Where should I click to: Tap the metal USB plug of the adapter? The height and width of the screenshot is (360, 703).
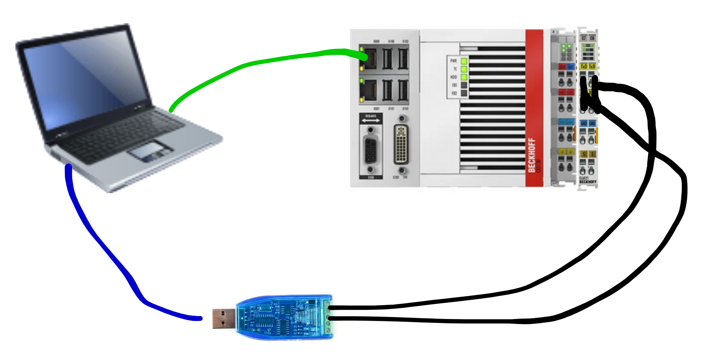click(224, 319)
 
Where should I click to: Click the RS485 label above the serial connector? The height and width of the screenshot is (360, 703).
click(370, 116)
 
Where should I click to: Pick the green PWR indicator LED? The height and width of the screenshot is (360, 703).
click(464, 61)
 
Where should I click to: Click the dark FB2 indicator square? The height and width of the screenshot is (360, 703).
click(464, 93)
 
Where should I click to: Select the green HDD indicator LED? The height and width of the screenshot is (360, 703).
click(464, 77)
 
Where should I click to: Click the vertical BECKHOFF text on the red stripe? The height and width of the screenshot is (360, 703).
click(532, 155)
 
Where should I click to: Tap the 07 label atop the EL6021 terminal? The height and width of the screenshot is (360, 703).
click(584, 38)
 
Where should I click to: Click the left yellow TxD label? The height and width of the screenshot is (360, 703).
click(584, 66)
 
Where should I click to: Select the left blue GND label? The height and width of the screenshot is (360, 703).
click(584, 124)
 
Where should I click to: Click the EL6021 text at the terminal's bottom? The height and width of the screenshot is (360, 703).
click(584, 178)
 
